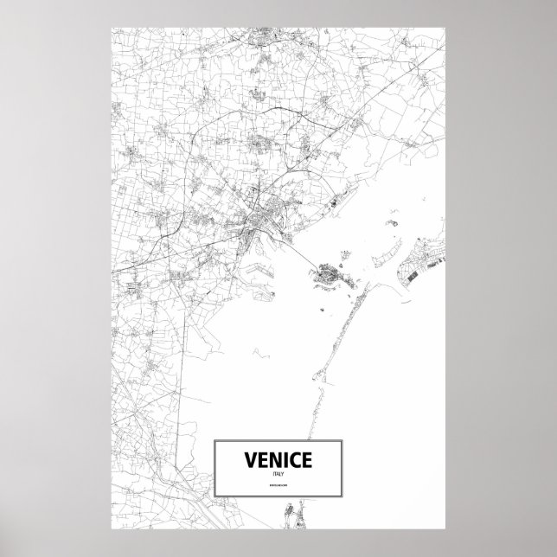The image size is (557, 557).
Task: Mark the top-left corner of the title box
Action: click(x=214, y=440)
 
